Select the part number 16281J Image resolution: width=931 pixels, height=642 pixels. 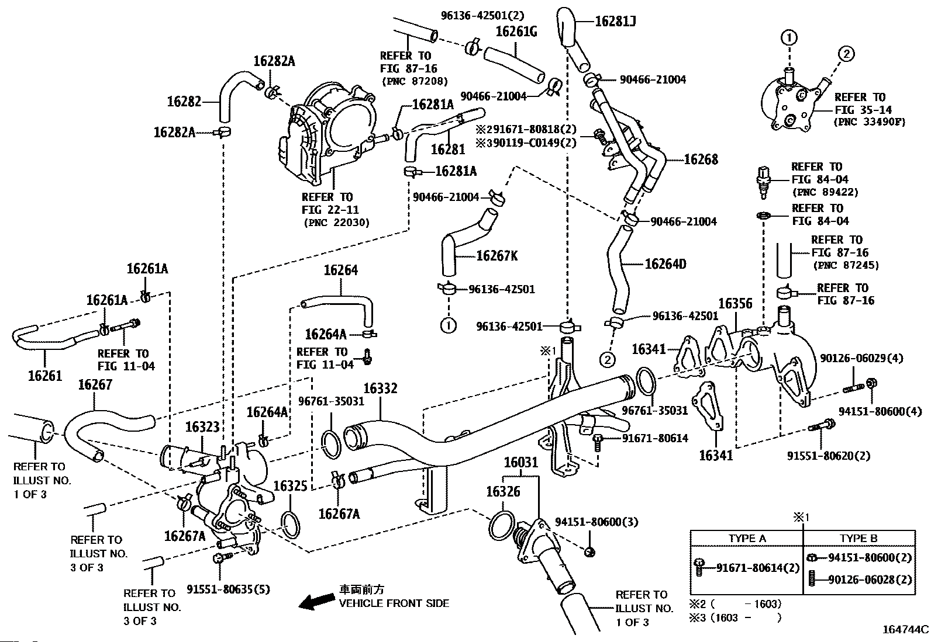pos(615,22)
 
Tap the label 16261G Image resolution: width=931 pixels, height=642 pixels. pos(516,32)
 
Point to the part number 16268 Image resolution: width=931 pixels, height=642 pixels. pos(701,159)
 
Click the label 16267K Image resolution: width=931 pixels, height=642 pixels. pos(497,256)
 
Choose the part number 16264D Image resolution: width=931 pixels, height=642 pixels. pos(666,264)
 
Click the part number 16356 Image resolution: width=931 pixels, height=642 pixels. pos(735,304)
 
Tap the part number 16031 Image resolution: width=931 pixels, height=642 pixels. pos(521,463)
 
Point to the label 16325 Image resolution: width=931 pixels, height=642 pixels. pos(290,486)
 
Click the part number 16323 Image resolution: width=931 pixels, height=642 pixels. pos(202,427)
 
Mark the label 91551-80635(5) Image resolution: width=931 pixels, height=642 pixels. pos(229,589)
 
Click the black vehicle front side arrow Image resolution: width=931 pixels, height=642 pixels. pos(315,602)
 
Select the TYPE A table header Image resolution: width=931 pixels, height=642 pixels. pos(747,538)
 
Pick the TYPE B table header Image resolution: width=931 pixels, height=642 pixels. pos(858,538)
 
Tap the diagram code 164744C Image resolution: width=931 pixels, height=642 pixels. pos(905,630)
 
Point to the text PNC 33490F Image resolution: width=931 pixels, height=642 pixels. pos(869,123)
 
